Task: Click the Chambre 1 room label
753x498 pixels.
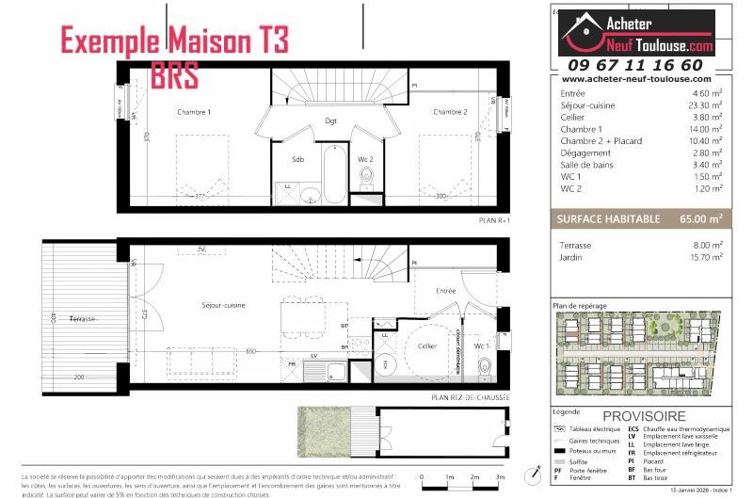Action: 195,112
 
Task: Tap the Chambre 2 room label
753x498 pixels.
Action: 450,112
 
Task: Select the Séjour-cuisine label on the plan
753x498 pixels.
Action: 223,305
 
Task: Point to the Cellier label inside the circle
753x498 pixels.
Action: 427,346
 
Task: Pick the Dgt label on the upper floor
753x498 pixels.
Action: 331,120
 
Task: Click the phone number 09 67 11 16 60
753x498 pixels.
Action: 635,65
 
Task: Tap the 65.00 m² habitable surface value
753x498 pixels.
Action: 702,218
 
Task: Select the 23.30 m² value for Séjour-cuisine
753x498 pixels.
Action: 705,105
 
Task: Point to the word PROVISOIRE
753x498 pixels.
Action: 644,416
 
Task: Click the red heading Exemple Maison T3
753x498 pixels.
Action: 174,40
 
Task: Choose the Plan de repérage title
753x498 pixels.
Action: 580,306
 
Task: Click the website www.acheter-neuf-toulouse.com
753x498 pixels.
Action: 636,80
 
